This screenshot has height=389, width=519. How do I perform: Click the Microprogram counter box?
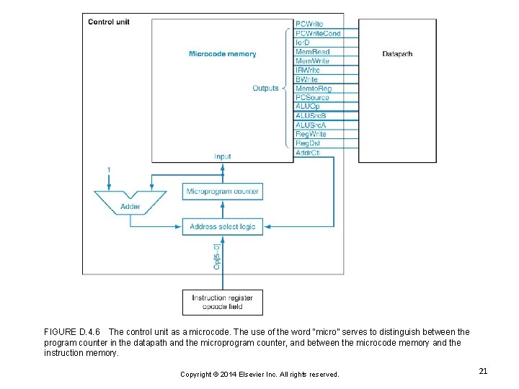(222, 191)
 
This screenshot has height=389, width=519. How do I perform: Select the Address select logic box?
(222, 226)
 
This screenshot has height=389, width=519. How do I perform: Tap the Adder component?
(130, 202)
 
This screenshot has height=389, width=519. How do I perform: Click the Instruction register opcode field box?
(222, 302)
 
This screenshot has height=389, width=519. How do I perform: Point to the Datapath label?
(397, 54)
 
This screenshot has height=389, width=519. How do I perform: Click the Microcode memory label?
(222, 54)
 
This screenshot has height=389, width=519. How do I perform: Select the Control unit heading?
(108, 22)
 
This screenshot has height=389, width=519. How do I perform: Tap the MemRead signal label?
(312, 52)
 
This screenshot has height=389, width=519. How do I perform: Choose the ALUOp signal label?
(307, 107)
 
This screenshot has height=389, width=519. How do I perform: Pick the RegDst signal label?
(309, 143)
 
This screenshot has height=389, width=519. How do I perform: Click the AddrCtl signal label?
(309, 153)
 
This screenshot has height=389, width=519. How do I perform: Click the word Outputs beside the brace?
(265, 89)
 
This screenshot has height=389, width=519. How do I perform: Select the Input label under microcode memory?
(223, 156)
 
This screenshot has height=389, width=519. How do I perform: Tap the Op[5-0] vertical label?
(217, 256)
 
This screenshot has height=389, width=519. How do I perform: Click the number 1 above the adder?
(109, 169)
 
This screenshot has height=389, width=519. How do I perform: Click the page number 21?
(483, 371)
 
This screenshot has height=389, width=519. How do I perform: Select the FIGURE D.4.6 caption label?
(72, 332)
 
